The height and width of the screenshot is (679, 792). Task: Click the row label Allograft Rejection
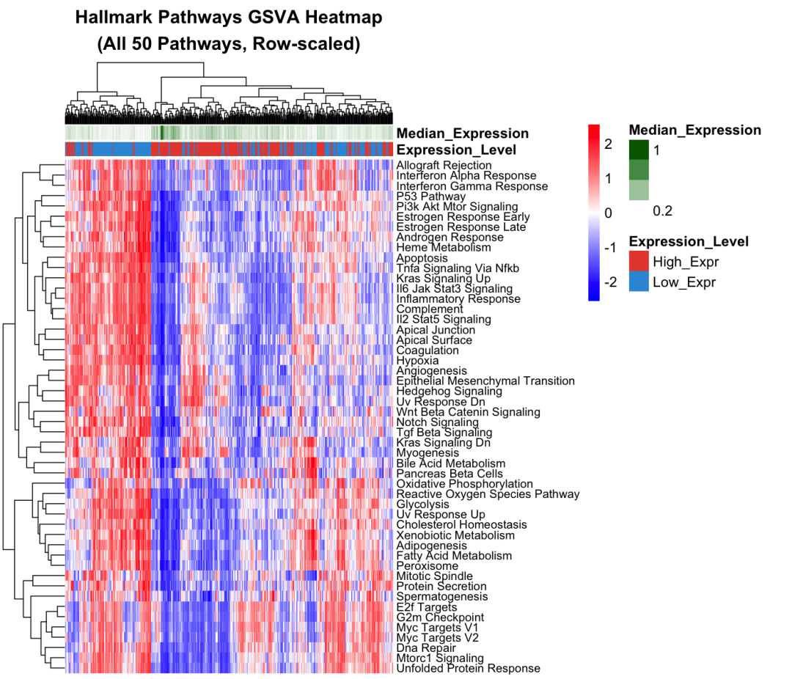coord(444,166)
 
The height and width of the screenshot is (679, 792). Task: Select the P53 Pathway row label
coord(430,197)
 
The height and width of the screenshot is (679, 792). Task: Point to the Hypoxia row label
coord(417,361)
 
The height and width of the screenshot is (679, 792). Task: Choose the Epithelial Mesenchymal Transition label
coord(485,381)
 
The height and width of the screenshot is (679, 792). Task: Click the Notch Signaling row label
coord(437,422)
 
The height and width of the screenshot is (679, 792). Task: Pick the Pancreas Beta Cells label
coord(439,474)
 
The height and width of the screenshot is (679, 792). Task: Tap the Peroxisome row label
coord(427,566)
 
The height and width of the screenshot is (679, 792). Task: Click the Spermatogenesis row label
coord(441,597)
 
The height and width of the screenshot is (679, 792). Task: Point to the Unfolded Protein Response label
coord(468,669)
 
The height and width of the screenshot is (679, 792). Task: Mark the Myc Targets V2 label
coord(439,638)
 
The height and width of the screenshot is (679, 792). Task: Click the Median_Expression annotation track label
coord(462,133)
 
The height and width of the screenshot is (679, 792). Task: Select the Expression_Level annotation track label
coord(456,150)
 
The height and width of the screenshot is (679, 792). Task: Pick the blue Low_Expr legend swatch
coord(639,282)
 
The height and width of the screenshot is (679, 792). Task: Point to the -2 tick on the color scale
coord(609,282)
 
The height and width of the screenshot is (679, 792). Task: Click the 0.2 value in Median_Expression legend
coord(662,211)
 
